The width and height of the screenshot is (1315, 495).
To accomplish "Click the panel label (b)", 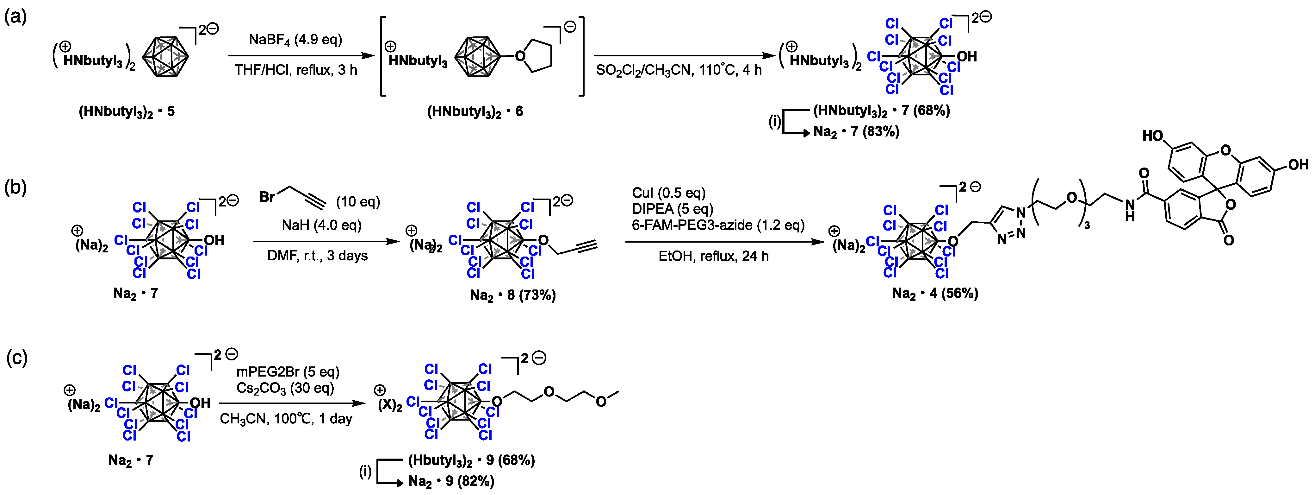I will [x=15, y=187].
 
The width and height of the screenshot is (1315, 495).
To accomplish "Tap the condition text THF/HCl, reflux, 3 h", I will [x=295, y=70].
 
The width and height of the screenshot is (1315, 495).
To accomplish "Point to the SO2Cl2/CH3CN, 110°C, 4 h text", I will [x=679, y=70].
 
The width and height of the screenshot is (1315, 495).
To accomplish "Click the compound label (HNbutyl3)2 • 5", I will [x=126, y=111].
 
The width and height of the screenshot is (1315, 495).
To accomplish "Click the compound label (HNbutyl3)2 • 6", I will [x=475, y=111].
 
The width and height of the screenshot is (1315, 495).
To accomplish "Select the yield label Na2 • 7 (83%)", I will [x=856, y=132].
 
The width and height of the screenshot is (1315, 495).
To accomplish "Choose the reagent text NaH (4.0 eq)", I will [x=322, y=225].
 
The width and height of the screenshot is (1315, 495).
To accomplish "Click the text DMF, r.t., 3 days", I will [x=318, y=256].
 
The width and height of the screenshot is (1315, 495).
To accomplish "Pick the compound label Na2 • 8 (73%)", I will [x=512, y=295].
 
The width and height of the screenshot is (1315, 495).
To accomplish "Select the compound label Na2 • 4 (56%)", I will [x=935, y=294].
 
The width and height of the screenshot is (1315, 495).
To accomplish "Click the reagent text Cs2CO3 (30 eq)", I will [x=285, y=388].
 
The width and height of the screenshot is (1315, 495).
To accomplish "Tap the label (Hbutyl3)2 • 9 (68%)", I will [x=471, y=460].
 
